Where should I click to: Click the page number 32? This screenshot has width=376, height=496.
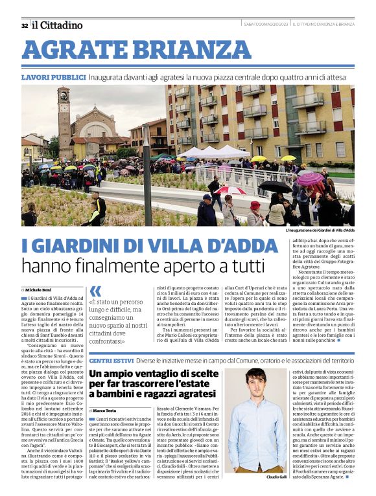[24, 26]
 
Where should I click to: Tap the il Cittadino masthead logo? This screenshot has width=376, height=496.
[57, 25]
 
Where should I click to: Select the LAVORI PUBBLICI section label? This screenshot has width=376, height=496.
[53, 77]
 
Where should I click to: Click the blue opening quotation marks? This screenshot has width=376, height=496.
[95, 291]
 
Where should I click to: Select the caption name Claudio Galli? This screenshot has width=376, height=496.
[274, 477]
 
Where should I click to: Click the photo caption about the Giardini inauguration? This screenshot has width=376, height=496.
[320, 231]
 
